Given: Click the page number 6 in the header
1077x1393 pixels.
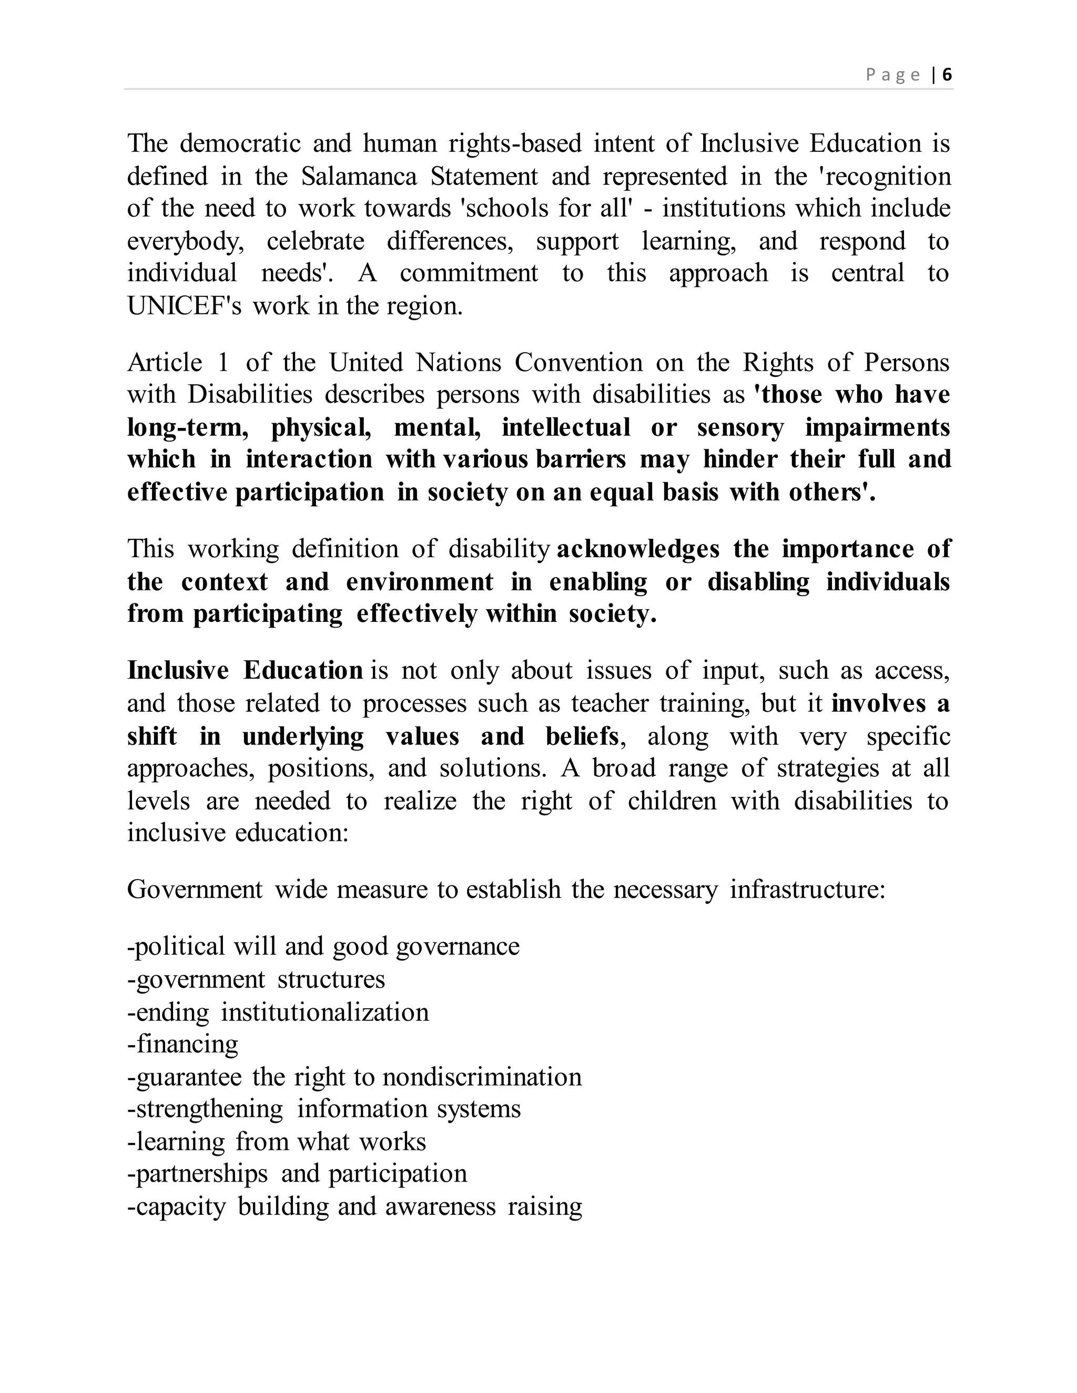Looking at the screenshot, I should tap(947, 75).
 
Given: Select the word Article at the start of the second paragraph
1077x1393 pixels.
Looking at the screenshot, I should tap(165, 363).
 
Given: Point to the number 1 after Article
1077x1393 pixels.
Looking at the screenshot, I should tap(222, 363).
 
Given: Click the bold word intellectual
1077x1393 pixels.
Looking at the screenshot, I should tap(566, 427).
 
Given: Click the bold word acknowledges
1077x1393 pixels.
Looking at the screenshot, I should tap(638, 549).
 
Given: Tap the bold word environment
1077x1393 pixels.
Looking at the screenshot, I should tap(420, 582).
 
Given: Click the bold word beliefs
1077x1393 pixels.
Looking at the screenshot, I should tap(582, 736).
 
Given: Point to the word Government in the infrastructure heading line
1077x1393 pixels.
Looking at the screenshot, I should tap(195, 890).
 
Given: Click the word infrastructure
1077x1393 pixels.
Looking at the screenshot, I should tap(808, 890).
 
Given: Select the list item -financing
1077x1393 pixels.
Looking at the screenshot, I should tap(182, 1044).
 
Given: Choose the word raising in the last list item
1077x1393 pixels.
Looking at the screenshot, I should tap(545, 1207).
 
